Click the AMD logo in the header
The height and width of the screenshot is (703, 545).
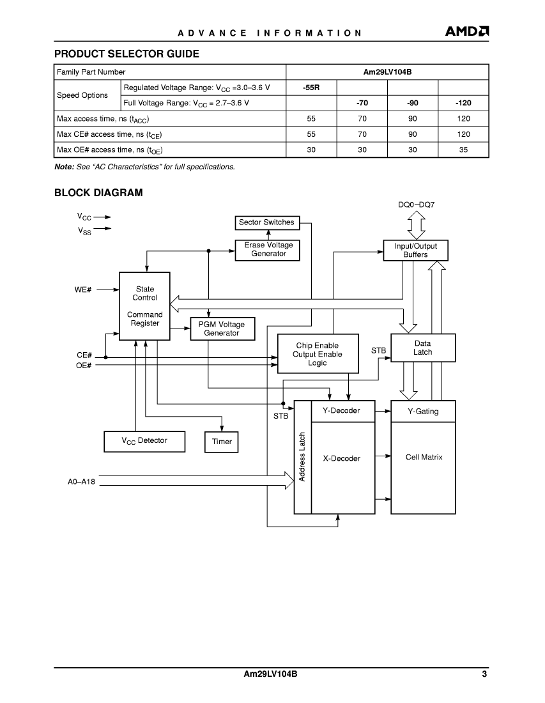click(466, 31)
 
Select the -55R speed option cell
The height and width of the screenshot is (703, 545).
click(311, 88)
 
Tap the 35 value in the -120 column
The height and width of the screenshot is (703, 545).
click(463, 150)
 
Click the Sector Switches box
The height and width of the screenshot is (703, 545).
click(267, 222)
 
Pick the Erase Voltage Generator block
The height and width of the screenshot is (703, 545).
click(268, 250)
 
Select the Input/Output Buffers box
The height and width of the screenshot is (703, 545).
click(415, 250)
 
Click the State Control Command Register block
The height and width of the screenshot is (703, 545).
click(144, 306)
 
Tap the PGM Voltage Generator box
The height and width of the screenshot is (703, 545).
click(222, 328)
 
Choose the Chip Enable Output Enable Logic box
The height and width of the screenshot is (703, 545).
click(318, 354)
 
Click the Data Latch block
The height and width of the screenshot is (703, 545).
click(423, 348)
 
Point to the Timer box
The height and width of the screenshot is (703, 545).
click(222, 442)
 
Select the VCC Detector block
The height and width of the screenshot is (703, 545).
click(144, 441)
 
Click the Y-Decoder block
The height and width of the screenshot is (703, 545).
click(343, 411)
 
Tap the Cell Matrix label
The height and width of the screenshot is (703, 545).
click(424, 458)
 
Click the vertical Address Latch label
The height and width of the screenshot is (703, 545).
click(302, 457)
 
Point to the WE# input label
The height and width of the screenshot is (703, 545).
click(83, 290)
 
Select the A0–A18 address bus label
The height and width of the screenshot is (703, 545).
click(81, 482)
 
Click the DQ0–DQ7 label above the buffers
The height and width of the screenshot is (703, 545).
click(417, 205)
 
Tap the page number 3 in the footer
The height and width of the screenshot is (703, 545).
click(484, 674)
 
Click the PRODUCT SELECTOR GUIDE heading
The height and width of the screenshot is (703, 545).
click(127, 54)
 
